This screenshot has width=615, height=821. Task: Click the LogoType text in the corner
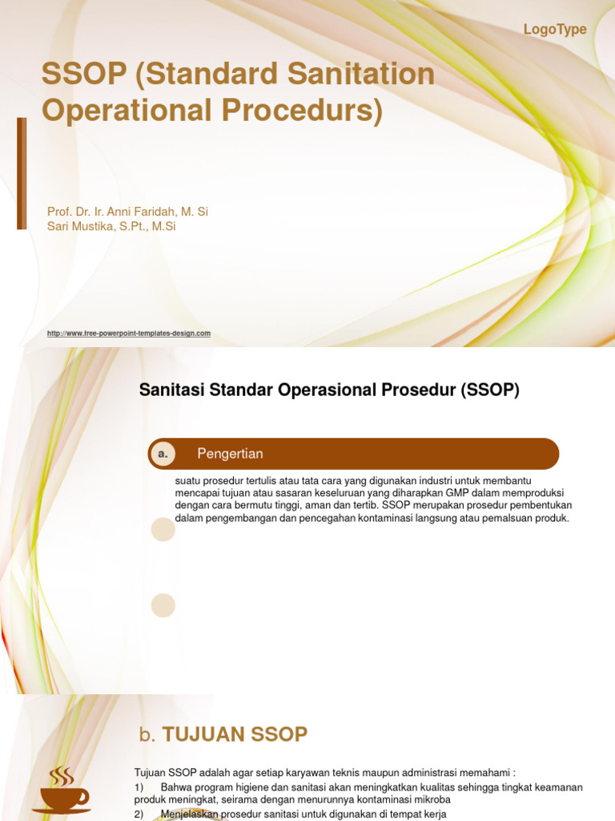pos(555,30)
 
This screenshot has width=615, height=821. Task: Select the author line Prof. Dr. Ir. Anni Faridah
pos(127,212)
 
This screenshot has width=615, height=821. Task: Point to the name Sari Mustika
pos(81,227)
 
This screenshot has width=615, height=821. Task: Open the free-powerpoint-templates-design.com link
pos(129,334)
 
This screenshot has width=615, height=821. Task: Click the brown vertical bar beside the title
pos(22,173)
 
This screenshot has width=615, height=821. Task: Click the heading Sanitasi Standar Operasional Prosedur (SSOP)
pos(329,390)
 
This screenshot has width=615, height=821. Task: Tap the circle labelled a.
pos(163,454)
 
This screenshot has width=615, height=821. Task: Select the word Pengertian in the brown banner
pos(230,454)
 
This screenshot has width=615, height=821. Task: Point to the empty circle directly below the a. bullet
pos(163,529)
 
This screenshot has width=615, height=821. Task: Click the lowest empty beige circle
pos(163,605)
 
